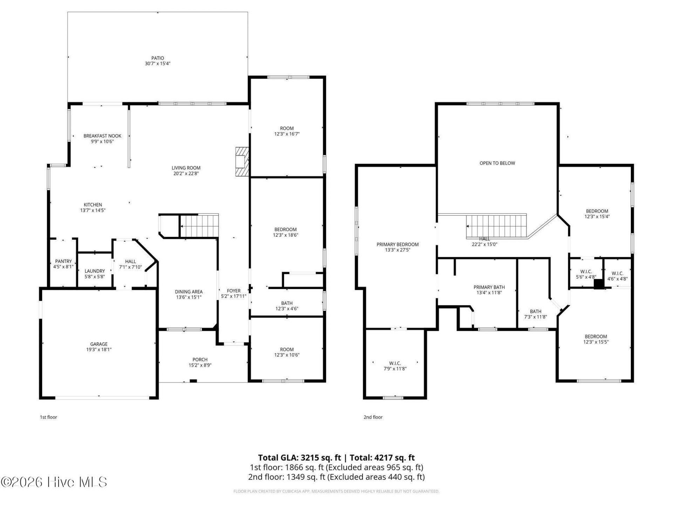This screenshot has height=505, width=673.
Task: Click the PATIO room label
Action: (x=158, y=58)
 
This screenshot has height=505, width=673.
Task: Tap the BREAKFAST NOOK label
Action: (x=102, y=136)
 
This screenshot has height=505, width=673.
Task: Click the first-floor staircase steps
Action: (x=199, y=226)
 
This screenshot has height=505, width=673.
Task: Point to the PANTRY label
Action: (x=63, y=261)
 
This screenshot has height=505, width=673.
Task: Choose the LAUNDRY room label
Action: (x=95, y=271)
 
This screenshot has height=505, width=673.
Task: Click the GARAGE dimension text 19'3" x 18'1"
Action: (x=99, y=350)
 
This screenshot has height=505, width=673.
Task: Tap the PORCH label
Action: (x=200, y=359)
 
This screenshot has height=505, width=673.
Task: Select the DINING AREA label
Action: (x=189, y=292)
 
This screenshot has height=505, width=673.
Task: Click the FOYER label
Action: (x=234, y=291)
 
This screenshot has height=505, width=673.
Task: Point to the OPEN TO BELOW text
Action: (x=497, y=163)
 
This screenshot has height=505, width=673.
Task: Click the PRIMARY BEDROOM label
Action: (x=397, y=244)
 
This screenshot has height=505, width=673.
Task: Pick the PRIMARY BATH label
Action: (x=489, y=287)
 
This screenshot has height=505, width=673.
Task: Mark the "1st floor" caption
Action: (x=48, y=417)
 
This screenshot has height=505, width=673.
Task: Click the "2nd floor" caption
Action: (x=373, y=417)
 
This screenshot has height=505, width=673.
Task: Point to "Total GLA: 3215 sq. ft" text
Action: (x=299, y=458)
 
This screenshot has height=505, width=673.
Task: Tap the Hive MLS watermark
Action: (x=54, y=482)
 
